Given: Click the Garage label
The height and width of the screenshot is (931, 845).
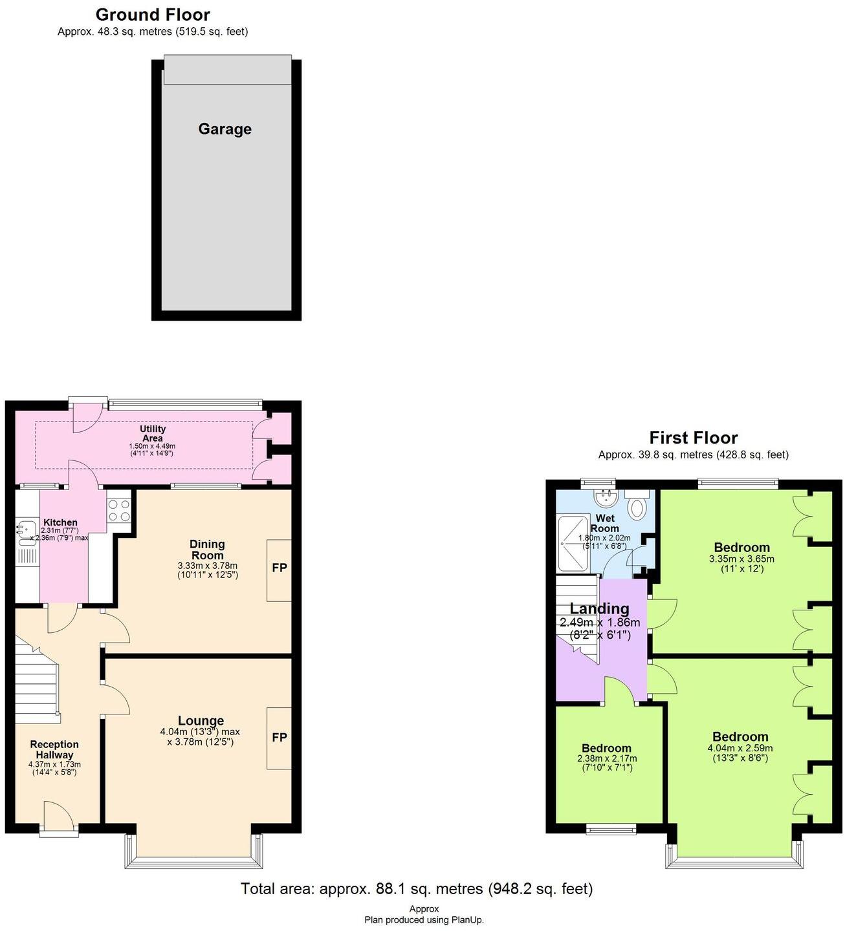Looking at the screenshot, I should coord(225,129).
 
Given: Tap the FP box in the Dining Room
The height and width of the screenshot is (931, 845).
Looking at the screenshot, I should coord(279,568).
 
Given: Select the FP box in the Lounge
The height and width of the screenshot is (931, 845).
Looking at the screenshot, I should coord(279,738).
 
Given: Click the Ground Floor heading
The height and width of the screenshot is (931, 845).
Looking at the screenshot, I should coord(153,15).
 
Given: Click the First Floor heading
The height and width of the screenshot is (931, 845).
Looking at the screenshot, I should coord(694,438).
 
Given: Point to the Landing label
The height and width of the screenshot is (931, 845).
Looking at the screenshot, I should coord(599,608).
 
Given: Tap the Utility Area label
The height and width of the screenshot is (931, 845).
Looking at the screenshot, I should coord(153,433).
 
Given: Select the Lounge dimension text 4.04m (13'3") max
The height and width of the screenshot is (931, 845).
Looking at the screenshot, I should coord(200,732).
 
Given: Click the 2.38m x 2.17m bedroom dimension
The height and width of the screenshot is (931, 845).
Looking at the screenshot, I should coord(606,758).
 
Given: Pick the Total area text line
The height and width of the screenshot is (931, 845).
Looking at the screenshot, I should coord(417,889).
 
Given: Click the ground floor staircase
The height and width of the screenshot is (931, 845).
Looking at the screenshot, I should coord(36,679).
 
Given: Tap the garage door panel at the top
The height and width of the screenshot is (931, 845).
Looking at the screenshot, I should coord(226,70).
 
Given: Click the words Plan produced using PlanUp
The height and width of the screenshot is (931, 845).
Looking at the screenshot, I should coord(424,920).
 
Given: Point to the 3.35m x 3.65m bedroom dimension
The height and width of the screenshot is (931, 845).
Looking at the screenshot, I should coord(741,559).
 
